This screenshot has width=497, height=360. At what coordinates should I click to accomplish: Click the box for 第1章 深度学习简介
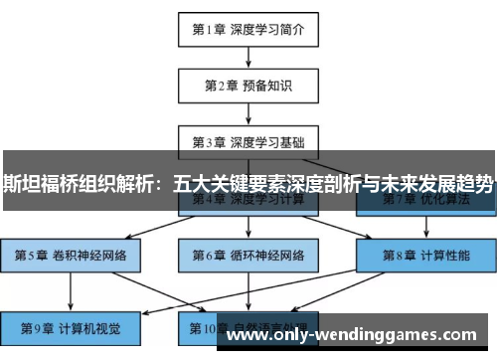(x=248, y=29)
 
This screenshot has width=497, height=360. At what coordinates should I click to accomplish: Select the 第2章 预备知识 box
(x=248, y=86)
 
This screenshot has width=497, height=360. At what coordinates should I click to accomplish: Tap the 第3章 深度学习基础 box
(x=248, y=141)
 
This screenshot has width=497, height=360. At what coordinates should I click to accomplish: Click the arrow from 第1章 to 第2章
(x=248, y=57)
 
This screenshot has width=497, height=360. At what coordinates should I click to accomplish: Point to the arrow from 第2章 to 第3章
(x=248, y=113)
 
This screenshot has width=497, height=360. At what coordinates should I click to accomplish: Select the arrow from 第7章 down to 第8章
(x=424, y=228)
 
